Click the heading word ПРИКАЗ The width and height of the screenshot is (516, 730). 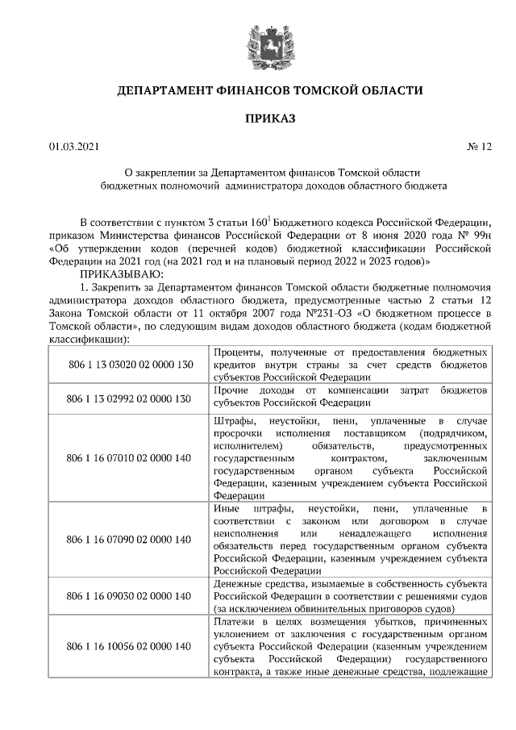tap(270, 119)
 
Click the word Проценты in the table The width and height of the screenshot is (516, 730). tap(240, 353)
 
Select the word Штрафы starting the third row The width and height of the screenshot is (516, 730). tap(236, 422)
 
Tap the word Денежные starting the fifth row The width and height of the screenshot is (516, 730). tap(241, 584)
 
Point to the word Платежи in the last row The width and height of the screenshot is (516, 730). tap(239, 623)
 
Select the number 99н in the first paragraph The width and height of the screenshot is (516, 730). tap(481, 236)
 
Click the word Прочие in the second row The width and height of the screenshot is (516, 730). tap(233, 390)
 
